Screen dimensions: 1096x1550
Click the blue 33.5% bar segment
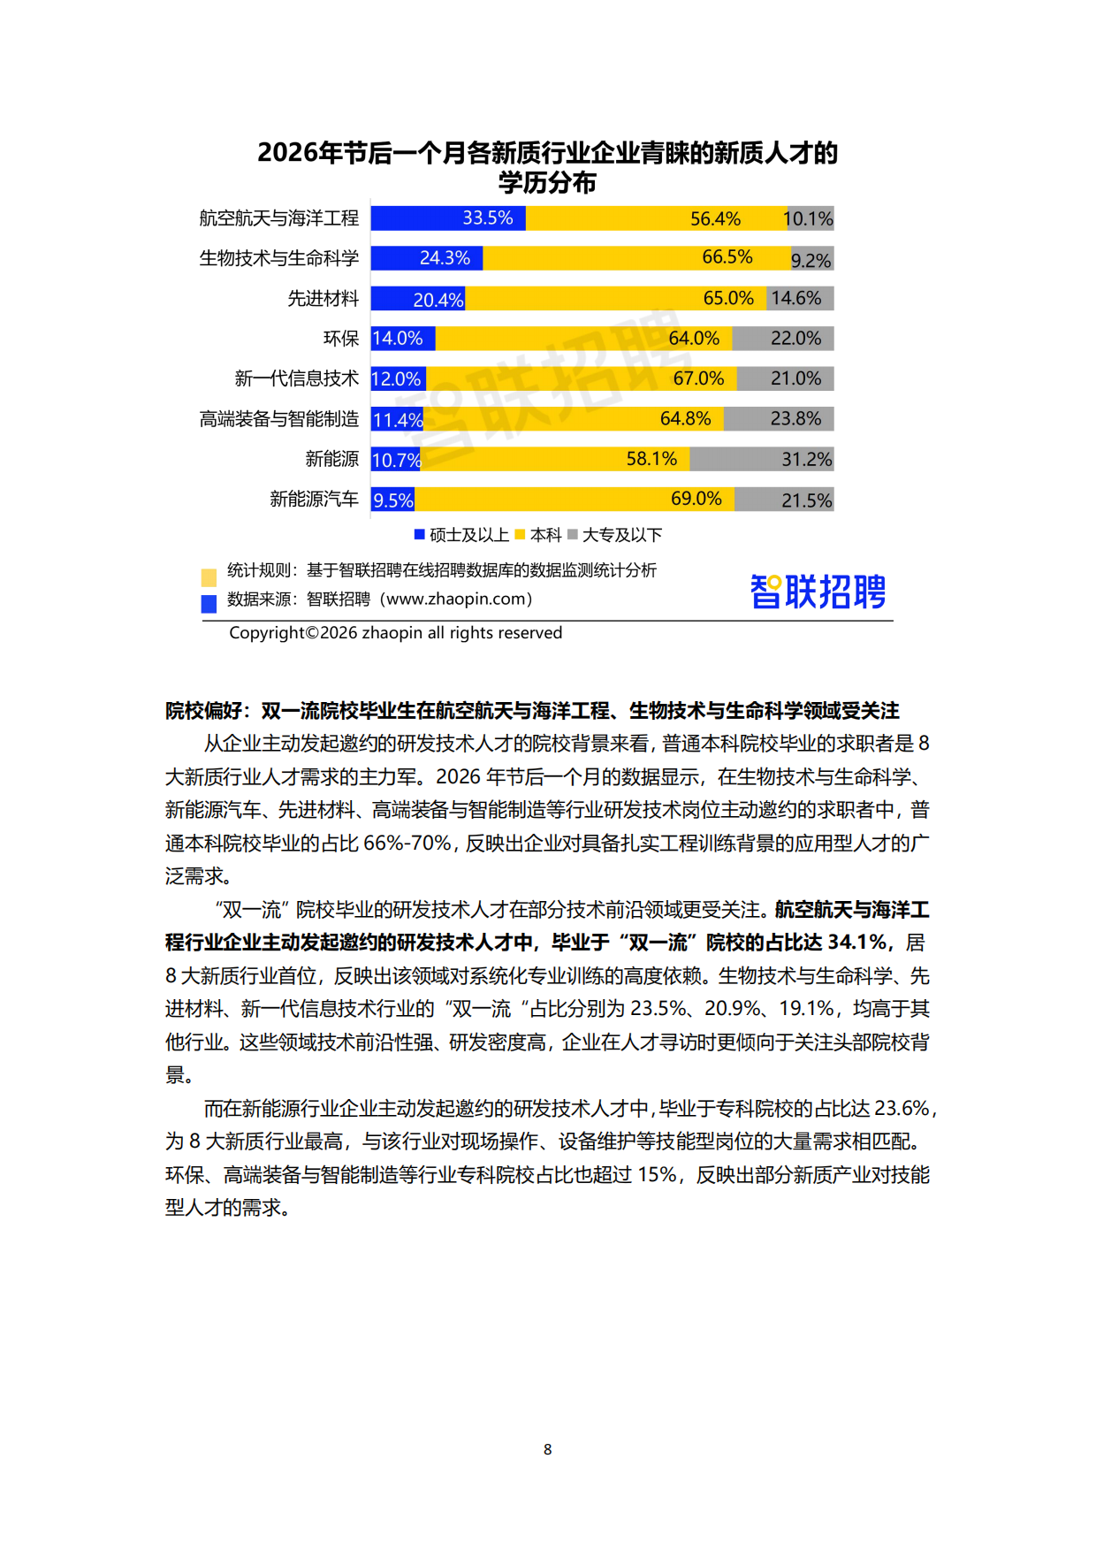[x=448, y=218]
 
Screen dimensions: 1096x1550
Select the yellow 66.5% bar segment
[x=636, y=258]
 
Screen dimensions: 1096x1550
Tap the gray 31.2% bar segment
[x=761, y=459]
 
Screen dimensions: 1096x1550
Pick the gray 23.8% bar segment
[x=778, y=419]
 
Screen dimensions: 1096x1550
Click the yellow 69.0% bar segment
[x=575, y=500]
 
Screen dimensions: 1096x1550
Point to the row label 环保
[x=341, y=339]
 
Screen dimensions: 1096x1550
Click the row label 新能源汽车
[x=315, y=500]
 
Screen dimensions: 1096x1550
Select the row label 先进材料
[x=323, y=299]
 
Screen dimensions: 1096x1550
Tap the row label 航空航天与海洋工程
[x=279, y=218]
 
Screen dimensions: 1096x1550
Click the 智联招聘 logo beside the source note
[x=818, y=592]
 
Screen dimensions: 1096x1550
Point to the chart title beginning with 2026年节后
[x=547, y=167]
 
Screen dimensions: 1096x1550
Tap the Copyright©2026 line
[x=395, y=633]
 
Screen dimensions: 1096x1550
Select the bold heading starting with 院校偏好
[x=532, y=711]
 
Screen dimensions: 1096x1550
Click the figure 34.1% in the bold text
[x=856, y=943]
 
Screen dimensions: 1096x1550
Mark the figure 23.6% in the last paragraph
[x=902, y=1109]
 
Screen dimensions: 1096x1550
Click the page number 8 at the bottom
[x=548, y=1449]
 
